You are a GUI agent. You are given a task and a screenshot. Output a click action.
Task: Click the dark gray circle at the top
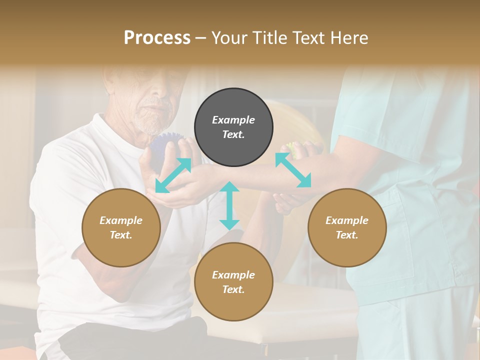click(233, 127)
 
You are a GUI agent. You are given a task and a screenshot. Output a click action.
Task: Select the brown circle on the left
click(121, 227)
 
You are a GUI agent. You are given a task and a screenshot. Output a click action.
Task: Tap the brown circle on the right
click(347, 227)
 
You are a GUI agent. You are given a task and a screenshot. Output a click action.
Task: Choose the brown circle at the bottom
click(233, 282)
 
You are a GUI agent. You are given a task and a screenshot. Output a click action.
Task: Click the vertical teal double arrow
click(229, 205)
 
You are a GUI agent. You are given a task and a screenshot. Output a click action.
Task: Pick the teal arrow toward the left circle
click(173, 175)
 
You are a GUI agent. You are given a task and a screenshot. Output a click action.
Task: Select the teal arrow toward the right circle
click(293, 170)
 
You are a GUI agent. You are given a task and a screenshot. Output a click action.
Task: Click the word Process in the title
click(157, 37)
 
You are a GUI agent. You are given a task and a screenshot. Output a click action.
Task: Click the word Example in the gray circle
click(233, 120)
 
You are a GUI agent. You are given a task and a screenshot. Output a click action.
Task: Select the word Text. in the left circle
click(121, 235)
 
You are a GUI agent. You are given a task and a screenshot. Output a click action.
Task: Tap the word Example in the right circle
click(347, 220)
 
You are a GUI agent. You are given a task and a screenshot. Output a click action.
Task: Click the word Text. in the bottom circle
click(233, 289)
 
